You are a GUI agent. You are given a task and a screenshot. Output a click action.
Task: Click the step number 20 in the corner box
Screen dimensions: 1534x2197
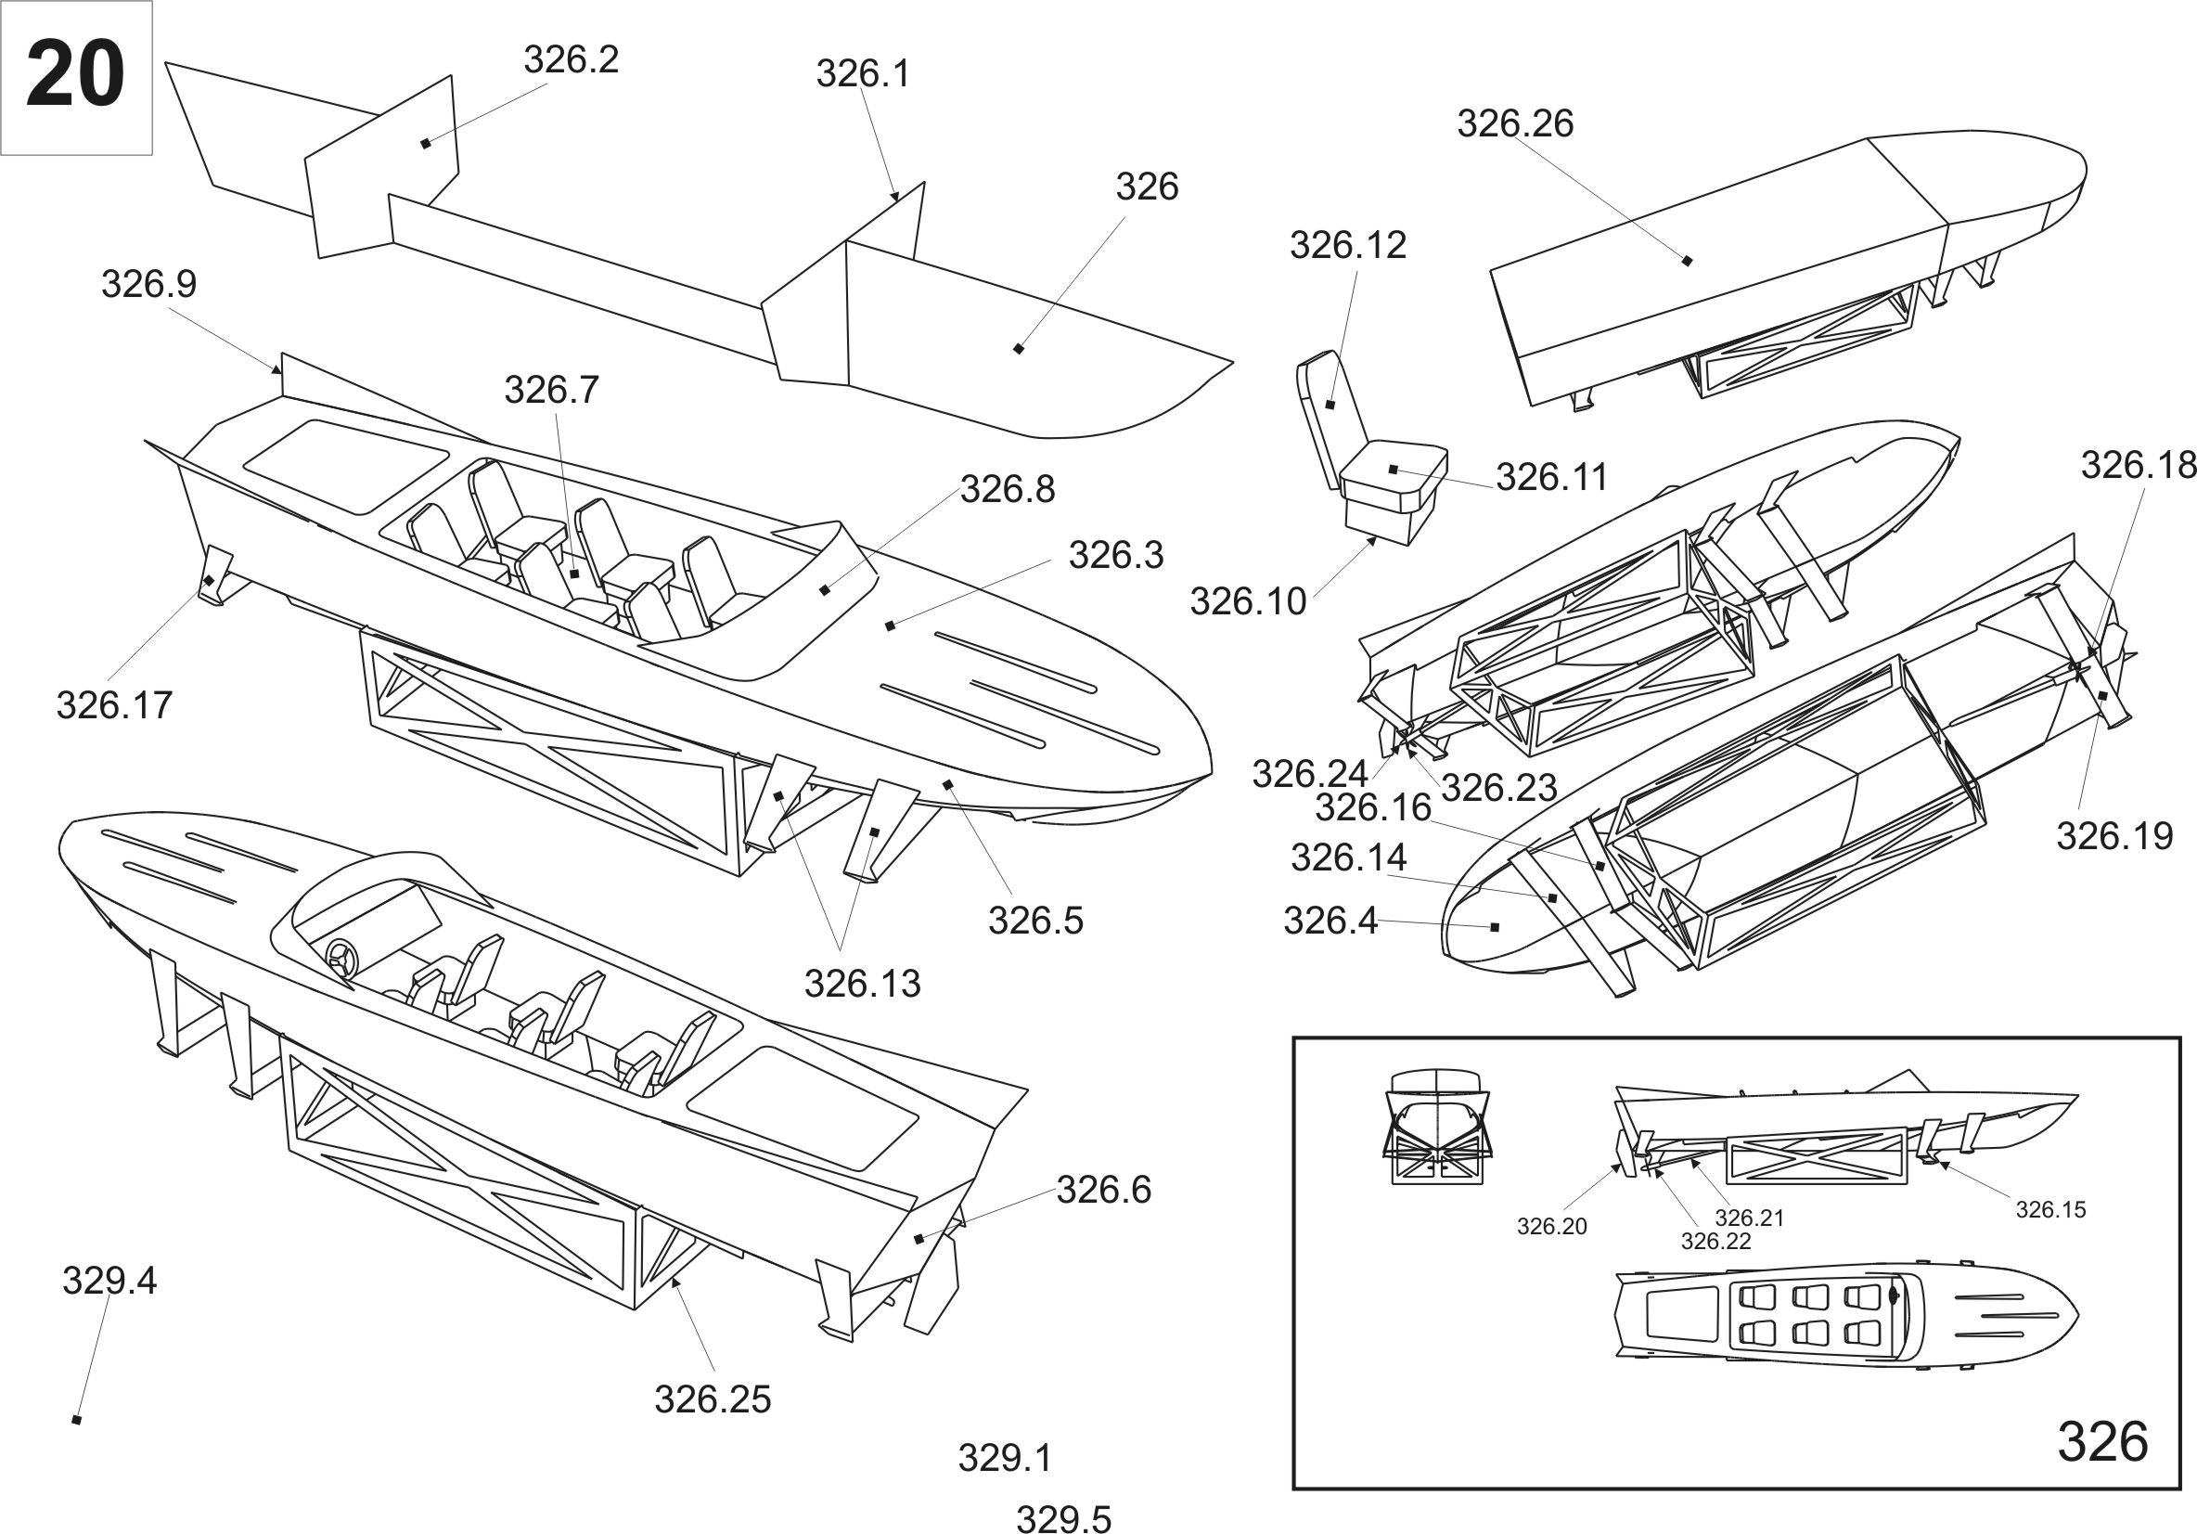pos(74,74)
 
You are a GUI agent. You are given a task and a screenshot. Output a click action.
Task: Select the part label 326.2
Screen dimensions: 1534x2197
pos(571,59)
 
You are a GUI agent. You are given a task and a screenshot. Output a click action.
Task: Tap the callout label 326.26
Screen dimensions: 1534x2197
pos(1515,123)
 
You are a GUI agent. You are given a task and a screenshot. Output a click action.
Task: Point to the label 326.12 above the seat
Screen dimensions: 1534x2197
pos(1347,245)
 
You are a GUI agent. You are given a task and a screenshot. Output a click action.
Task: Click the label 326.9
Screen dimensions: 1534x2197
pos(149,284)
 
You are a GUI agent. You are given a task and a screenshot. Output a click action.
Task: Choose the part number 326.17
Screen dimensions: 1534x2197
pos(114,705)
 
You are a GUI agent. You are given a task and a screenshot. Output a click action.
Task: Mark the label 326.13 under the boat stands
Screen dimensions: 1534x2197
pos(861,983)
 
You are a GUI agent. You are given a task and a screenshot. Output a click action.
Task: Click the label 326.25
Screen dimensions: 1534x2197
pos(712,1399)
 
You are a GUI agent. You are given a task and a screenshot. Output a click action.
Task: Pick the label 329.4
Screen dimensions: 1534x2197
pos(109,1281)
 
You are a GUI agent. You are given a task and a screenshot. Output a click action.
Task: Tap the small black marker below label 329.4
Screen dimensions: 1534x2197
pos(77,1420)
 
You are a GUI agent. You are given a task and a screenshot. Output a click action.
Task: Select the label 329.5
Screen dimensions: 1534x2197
pos(1063,1519)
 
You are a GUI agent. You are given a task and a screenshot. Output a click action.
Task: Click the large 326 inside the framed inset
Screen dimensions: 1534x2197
pos(2102,1441)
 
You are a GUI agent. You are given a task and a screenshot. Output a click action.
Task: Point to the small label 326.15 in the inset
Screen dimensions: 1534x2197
pos(2049,1209)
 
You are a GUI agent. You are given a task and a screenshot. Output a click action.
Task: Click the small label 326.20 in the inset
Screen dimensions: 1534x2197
pos(1551,1226)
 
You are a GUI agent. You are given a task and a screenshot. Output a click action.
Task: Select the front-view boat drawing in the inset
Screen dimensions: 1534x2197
pos(1434,1127)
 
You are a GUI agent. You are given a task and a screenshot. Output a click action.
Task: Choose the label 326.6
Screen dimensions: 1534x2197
pos(1103,1190)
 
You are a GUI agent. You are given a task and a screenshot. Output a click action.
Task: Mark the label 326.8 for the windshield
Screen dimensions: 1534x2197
pos(1007,489)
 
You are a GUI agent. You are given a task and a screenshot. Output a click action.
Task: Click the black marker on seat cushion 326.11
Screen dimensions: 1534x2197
pos(1394,470)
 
